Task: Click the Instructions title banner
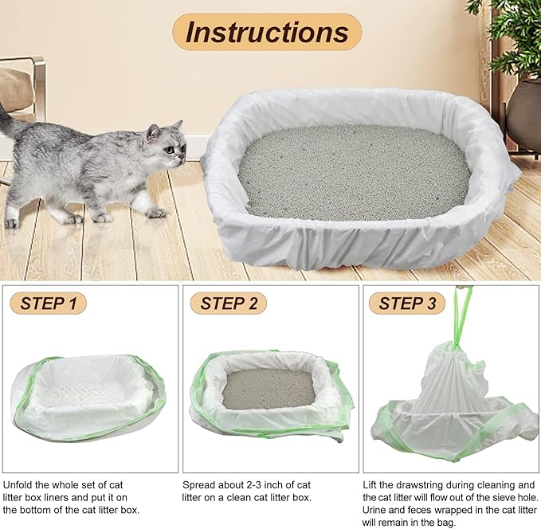coord(267,32)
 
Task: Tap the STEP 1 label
coord(49,304)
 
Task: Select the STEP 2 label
coord(229,304)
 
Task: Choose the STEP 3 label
coord(407,304)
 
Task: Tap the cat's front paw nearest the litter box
coord(155,213)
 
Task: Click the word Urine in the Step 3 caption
coord(377,510)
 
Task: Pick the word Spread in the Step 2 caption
coord(199,484)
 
